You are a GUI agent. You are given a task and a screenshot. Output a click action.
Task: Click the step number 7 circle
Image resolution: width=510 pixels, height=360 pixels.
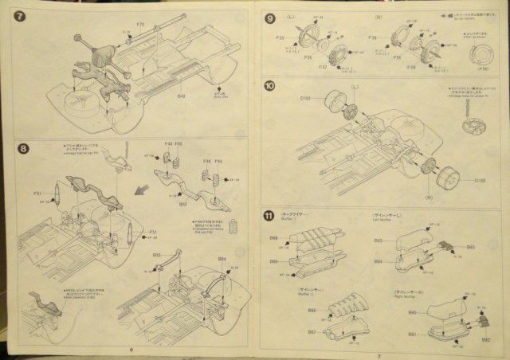(x=20, y=15)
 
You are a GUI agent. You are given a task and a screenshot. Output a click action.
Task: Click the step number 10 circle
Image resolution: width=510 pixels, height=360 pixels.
(x=270, y=87)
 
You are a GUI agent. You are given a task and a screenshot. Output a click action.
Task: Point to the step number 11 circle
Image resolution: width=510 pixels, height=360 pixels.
(x=270, y=214)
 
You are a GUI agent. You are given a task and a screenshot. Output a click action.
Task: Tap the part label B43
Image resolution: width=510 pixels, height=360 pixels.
(x=182, y=97)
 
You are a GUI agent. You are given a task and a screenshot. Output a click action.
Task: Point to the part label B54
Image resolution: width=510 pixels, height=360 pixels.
(x=222, y=259)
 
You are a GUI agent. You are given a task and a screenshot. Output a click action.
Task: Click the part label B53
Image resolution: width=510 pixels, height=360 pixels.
(x=156, y=256)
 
